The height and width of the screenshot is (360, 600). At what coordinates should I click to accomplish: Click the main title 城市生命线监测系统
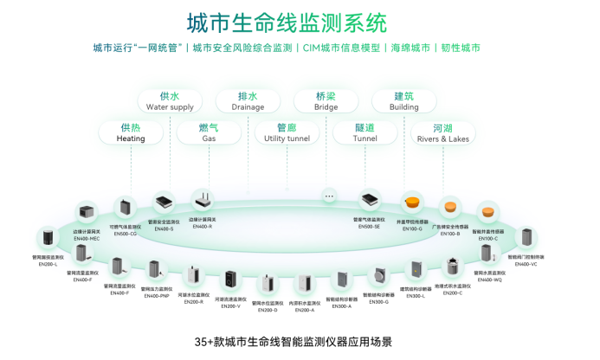287,21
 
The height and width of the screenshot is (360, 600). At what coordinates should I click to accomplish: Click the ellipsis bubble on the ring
329,196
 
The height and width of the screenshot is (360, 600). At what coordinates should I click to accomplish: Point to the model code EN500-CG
126,234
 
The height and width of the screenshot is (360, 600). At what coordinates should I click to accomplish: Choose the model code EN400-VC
526,262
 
